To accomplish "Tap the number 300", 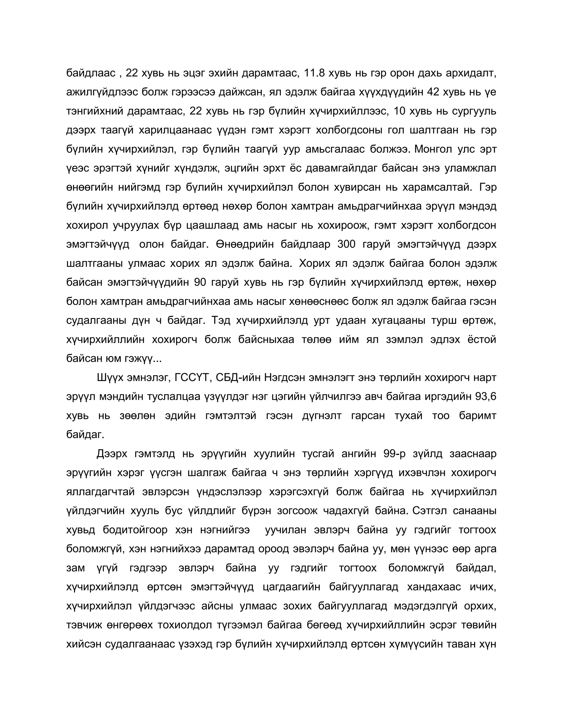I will pos(347,244).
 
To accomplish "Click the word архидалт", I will pos(471,73).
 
